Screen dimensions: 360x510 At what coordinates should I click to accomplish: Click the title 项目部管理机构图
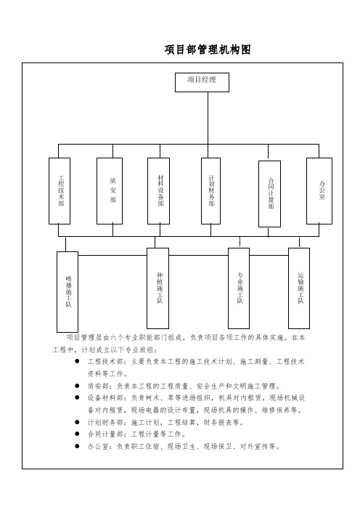coord(208,49)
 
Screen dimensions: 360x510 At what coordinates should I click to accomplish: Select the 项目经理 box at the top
coord(202,82)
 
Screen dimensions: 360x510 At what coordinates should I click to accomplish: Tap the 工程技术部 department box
coord(60,191)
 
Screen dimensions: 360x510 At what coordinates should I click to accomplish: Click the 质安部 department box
coord(110,191)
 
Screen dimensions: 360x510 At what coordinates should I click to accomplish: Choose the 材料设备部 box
coord(158,191)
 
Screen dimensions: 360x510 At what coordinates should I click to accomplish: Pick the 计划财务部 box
coord(211,191)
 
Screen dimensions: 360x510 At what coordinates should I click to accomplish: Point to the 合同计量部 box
coord(270,194)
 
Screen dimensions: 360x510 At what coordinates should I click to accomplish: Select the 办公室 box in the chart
coord(319,191)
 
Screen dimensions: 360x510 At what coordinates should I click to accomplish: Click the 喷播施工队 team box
coord(67,292)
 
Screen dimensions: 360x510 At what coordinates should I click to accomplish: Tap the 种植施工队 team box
coord(158,288)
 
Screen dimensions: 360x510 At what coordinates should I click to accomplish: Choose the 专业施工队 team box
coord(239,288)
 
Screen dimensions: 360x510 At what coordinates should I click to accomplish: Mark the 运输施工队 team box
coord(299,288)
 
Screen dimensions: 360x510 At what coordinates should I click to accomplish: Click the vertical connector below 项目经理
coord(208,118)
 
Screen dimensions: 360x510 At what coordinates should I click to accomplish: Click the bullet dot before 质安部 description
coord(77,386)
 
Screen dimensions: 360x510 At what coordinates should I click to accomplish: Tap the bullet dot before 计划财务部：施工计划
coord(77,422)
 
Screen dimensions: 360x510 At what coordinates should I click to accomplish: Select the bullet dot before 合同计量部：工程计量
coord(77,434)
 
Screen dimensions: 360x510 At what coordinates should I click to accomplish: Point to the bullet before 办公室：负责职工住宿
coord(77,446)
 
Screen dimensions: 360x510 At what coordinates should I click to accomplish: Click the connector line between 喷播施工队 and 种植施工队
coord(112,255)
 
